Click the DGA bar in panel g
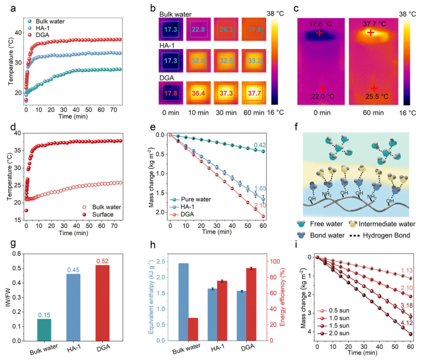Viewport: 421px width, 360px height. pos(103,303)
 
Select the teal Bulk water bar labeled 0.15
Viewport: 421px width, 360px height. pos(44,330)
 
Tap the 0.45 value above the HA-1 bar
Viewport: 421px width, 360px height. pos(73,270)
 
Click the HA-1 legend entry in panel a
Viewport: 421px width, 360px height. pos(38,28)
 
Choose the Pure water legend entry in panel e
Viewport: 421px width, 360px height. pos(190,199)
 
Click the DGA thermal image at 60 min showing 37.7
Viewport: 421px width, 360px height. pos(254,93)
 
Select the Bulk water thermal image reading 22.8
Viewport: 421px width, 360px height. pos(198,29)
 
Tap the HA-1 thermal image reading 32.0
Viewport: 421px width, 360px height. pos(198,61)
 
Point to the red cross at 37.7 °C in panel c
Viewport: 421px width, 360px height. pos(371,33)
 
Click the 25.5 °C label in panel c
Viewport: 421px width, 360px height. pos(377,97)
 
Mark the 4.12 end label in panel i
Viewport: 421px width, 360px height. pos(406,323)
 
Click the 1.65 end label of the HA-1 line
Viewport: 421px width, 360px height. pos(260,188)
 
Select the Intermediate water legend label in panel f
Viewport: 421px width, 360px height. pos(387,224)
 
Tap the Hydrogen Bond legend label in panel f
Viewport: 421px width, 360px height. pos(387,236)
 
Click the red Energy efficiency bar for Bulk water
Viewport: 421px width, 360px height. pos(193,329)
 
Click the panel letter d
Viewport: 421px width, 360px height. pos(13,126)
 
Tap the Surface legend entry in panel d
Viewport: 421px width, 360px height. pos(98,214)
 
